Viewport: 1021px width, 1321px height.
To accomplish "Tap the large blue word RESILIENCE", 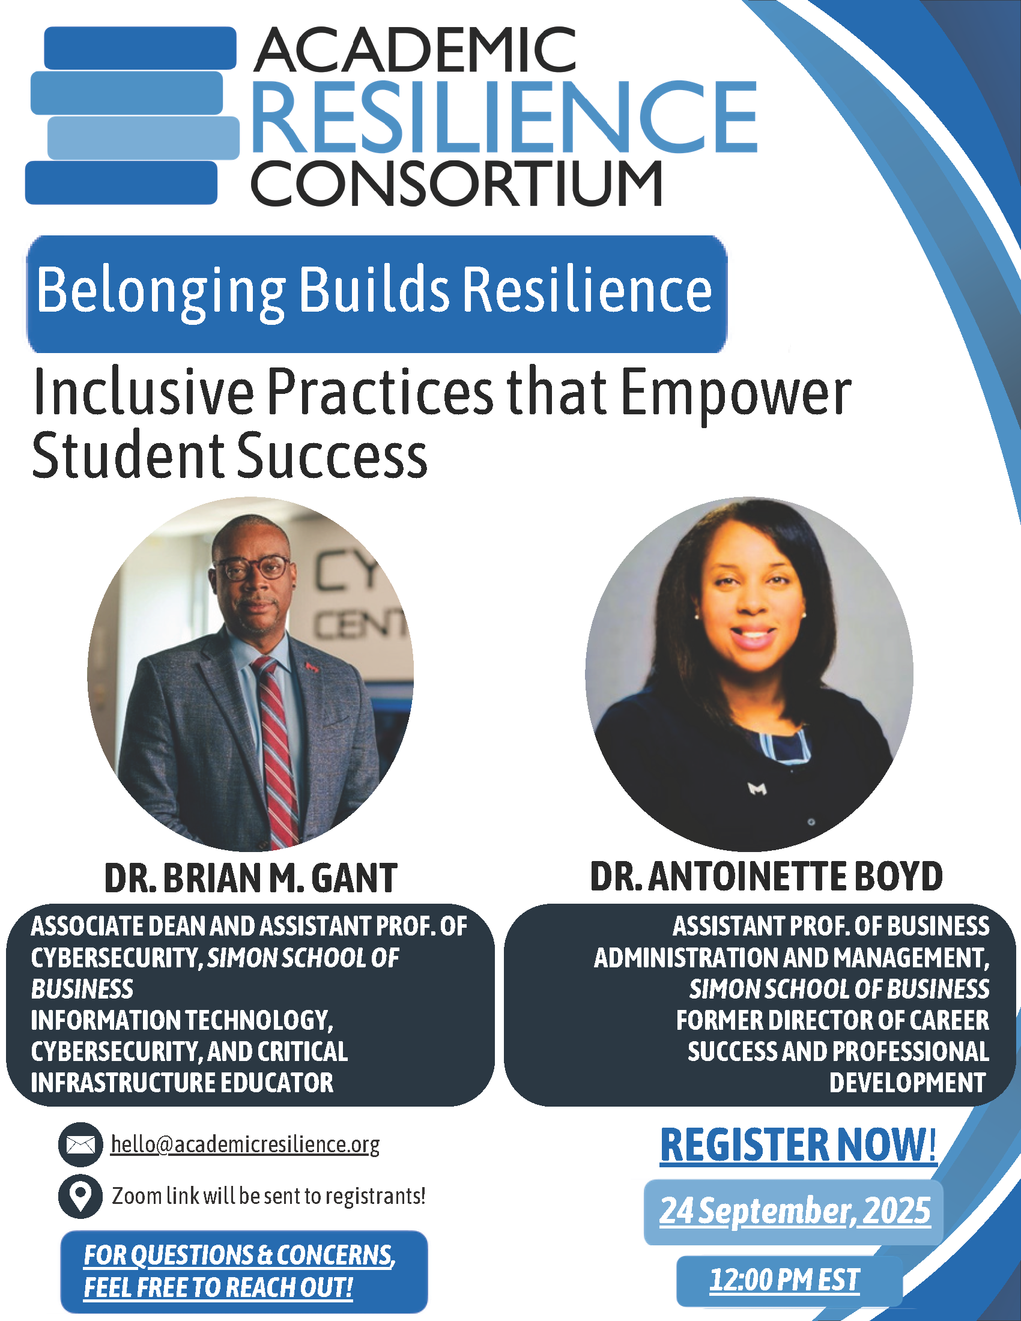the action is [x=504, y=116].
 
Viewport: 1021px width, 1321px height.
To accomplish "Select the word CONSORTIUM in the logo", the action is [x=456, y=183].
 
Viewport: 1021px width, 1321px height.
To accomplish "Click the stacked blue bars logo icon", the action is [x=133, y=115].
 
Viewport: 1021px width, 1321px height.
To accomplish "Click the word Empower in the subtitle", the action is [x=736, y=394].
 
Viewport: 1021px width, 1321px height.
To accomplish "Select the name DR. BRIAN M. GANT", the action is [x=250, y=878].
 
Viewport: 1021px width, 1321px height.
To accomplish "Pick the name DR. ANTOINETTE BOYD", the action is [x=766, y=877].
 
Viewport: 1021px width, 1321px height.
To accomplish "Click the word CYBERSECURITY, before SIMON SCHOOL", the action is [x=117, y=958].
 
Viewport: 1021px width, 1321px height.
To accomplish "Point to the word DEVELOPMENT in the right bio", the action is [x=907, y=1083].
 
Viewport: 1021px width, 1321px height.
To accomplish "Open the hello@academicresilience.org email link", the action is [x=245, y=1145].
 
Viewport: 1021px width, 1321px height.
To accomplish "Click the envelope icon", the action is [x=80, y=1144].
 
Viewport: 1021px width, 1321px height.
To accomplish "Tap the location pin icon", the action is [x=80, y=1196].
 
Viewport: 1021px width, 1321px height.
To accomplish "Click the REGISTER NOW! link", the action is [x=798, y=1145].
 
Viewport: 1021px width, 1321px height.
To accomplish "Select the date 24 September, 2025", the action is [x=795, y=1211].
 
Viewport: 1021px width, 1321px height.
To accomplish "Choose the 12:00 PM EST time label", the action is [x=784, y=1281].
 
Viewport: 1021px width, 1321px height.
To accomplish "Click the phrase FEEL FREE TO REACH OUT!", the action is [x=219, y=1288].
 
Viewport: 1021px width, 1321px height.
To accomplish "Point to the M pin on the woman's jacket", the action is [x=758, y=789].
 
